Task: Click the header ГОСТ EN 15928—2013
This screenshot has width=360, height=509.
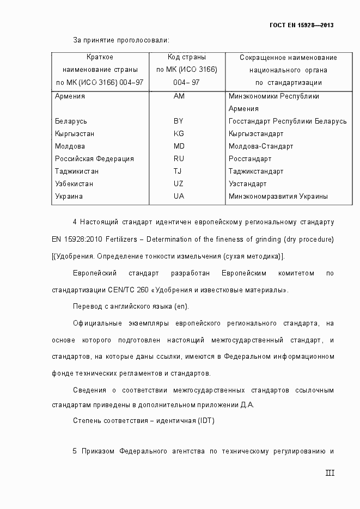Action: click(301, 25)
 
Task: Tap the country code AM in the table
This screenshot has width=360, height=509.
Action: click(179, 96)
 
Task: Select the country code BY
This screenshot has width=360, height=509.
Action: click(179, 121)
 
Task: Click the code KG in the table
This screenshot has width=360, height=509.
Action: click(179, 134)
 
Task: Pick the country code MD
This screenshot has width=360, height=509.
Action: click(179, 146)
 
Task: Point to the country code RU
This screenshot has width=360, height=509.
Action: click(179, 159)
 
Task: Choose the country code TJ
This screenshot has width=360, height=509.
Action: click(178, 171)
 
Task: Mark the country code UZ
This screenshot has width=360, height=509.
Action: click(179, 184)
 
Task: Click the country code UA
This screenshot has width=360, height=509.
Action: click(179, 197)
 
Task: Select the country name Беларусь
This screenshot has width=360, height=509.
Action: click(71, 121)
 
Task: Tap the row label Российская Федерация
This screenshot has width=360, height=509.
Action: click(94, 159)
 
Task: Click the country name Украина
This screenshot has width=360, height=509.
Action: click(69, 197)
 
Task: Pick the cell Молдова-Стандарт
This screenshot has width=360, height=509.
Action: click(261, 146)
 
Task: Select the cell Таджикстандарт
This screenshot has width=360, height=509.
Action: click(256, 171)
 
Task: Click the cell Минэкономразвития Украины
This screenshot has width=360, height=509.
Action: click(278, 197)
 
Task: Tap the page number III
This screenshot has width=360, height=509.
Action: click(330, 473)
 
